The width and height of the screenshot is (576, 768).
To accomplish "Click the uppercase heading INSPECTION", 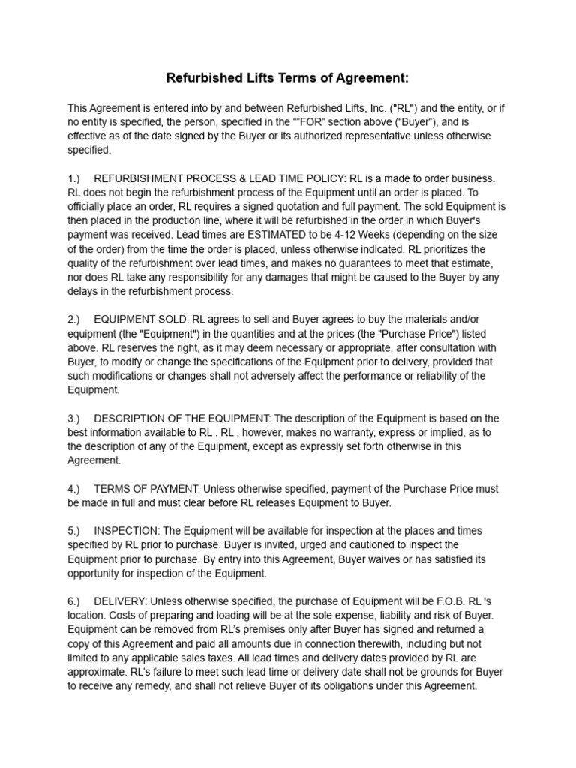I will click(124, 530).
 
